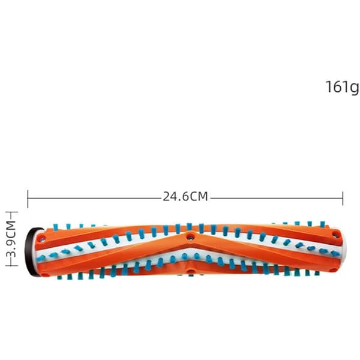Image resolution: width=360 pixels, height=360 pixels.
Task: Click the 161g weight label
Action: coord(343,87)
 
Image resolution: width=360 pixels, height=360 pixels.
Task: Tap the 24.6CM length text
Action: coord(185,197)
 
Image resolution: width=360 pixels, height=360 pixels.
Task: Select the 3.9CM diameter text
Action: coord(11,239)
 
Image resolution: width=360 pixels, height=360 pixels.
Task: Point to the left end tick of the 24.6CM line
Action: coord(28,199)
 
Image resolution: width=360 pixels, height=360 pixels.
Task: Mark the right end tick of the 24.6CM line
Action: coord(343,199)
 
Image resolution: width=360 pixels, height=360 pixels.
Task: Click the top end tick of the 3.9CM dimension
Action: coord(11,212)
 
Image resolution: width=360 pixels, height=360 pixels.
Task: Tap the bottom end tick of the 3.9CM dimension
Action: coord(11,265)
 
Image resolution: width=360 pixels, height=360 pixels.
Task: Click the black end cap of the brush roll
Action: coord(31,251)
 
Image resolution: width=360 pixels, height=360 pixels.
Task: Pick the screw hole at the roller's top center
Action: coord(190,237)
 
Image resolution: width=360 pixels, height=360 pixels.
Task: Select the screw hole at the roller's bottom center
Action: coord(190,272)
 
